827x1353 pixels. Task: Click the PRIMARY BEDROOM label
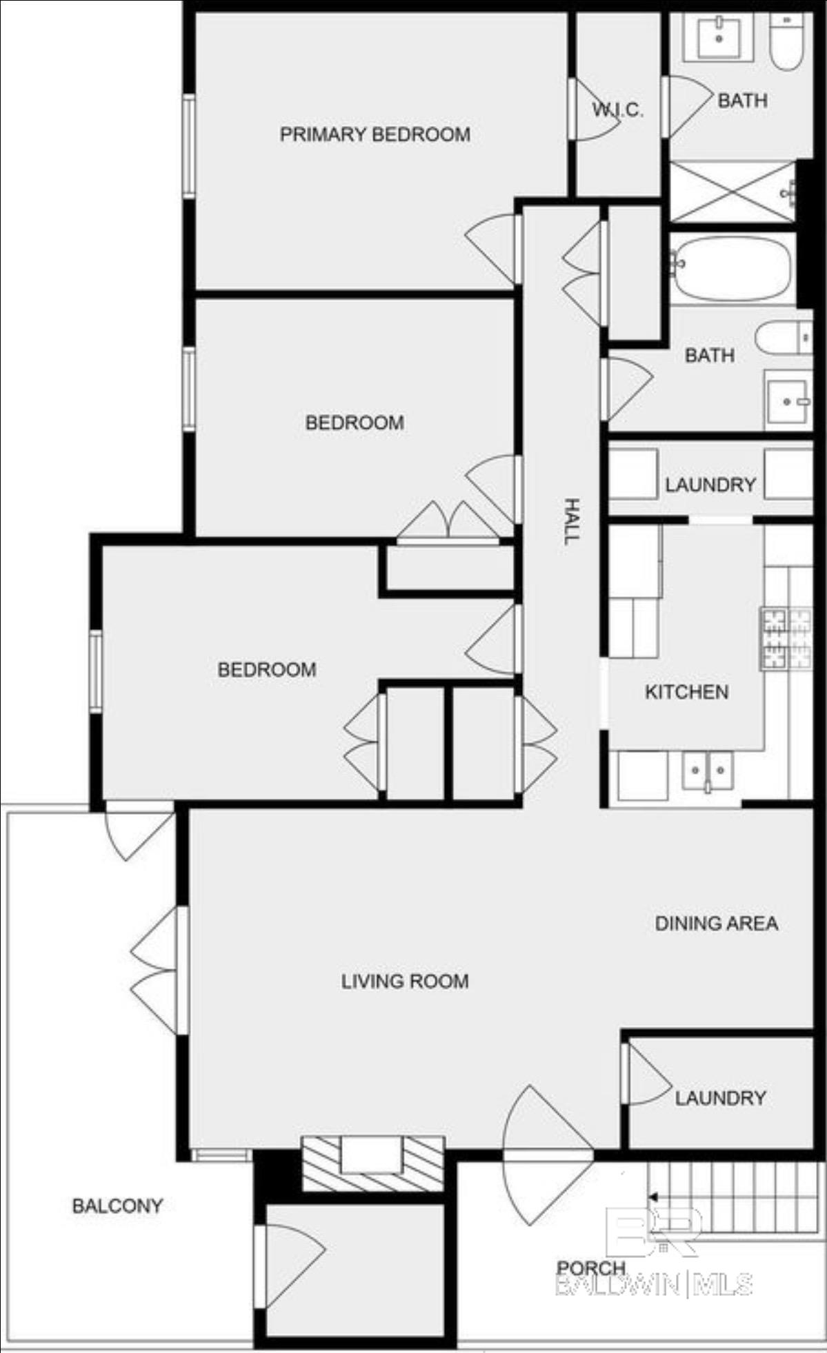tap(375, 134)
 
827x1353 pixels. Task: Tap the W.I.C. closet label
tap(617, 109)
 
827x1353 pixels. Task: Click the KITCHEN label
tap(686, 691)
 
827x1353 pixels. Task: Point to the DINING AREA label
tap(717, 923)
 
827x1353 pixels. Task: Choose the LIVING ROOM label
tap(405, 981)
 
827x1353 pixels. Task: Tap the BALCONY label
tap(117, 1206)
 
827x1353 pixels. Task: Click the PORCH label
tap(591, 1268)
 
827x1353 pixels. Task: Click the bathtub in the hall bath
tap(732, 268)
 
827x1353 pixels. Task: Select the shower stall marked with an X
tap(733, 192)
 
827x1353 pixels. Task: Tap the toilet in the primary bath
tap(787, 41)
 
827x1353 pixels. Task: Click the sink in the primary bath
tap(719, 37)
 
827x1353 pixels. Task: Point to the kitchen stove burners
tap(786, 638)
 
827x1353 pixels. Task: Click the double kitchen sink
tap(707, 770)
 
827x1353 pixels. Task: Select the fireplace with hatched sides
tap(372, 1163)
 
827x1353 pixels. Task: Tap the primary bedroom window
tap(188, 147)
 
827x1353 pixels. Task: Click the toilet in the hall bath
tap(784, 338)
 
